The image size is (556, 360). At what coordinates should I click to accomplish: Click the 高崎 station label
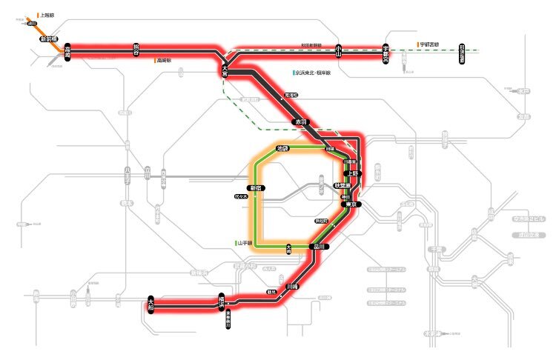coord(67,51)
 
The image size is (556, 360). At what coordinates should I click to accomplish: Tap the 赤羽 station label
coord(300,120)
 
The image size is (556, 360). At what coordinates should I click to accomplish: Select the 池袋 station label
coord(282,149)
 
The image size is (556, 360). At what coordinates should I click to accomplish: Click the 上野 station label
coord(353,173)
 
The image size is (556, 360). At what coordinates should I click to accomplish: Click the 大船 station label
coord(151,303)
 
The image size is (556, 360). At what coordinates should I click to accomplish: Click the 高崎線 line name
coord(164,60)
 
